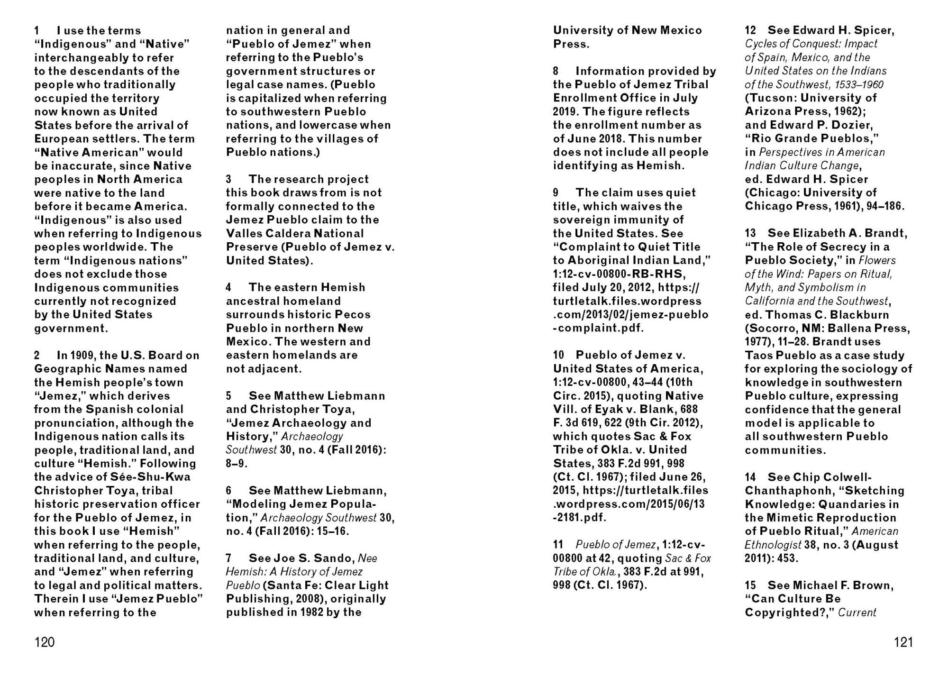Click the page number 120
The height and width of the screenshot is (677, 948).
click(x=45, y=642)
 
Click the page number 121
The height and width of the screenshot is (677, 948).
click(x=903, y=642)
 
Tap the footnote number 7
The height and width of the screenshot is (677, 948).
click(x=228, y=558)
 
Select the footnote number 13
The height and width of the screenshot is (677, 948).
click(x=750, y=233)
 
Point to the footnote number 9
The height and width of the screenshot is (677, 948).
click(x=556, y=192)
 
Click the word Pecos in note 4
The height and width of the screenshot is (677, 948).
click(x=353, y=315)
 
